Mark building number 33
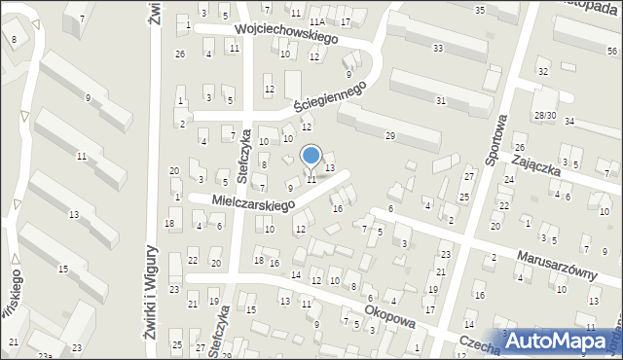coord(438,48)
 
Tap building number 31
coord(441,100)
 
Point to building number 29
coord(389,135)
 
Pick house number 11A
coord(315,20)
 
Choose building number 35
coord(479,9)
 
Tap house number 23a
coord(44,355)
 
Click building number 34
coord(569,122)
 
